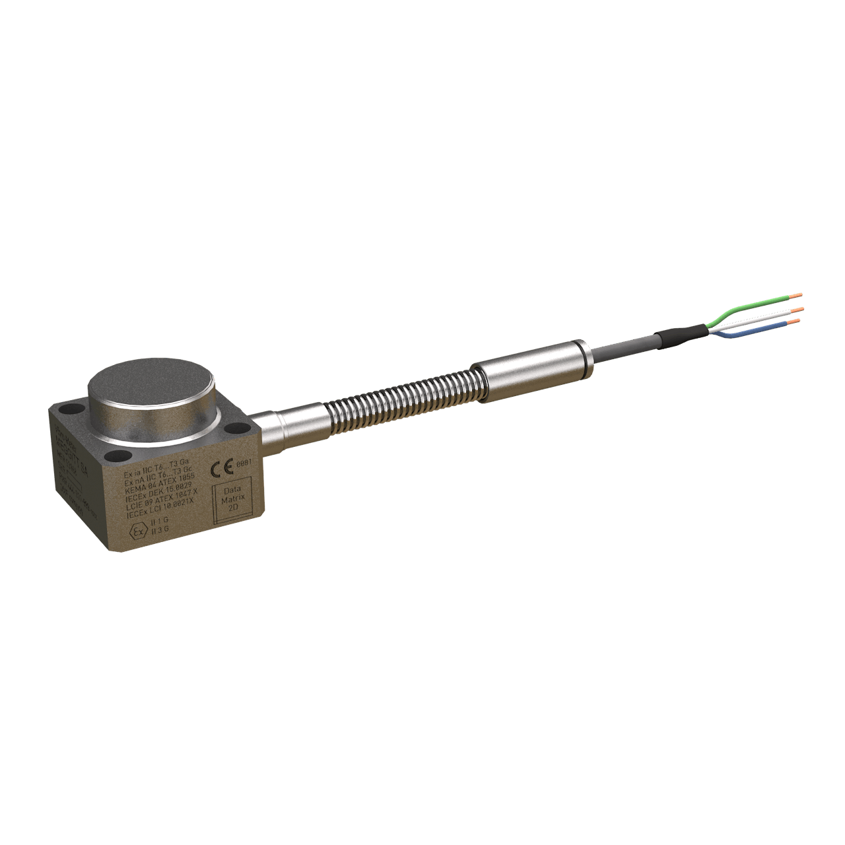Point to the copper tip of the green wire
coord(797,295)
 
